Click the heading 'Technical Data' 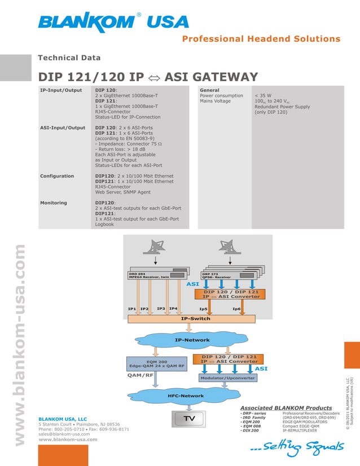[69, 58]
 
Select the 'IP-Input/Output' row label [61, 90]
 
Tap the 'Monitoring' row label [54, 203]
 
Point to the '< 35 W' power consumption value [264, 96]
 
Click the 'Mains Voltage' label [216, 101]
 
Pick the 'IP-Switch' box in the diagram [195, 319]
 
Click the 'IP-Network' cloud [192, 340]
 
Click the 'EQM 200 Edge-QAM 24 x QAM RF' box [156, 364]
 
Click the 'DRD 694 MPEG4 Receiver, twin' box [149, 275]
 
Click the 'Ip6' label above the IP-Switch [236, 309]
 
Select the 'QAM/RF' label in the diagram [141, 375]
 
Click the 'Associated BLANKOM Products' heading [286, 407]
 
